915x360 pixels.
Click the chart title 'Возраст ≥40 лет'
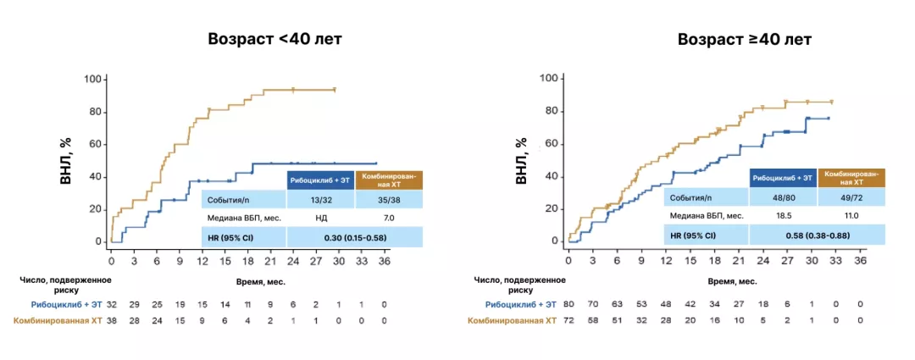click(744, 40)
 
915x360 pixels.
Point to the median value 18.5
click(782, 216)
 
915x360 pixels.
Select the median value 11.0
click(851, 216)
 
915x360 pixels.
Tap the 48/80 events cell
click(782, 197)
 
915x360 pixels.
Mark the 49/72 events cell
click(851, 197)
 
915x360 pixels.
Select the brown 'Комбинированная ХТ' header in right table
click(851, 176)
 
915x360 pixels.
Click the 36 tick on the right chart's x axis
click(860, 261)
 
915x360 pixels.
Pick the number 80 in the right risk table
click(569, 304)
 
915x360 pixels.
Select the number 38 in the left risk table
click(111, 321)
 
